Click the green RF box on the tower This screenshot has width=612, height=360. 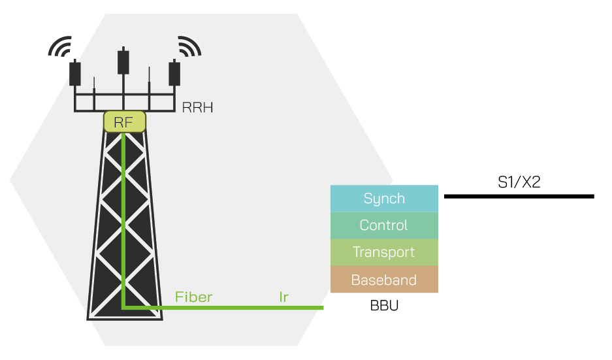coord(124,122)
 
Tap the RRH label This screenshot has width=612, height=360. coord(197,108)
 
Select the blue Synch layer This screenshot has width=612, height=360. coord(384,199)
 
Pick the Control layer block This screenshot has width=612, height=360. coord(384,225)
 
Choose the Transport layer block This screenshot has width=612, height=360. coord(384,252)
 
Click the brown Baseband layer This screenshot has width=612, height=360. coord(384,280)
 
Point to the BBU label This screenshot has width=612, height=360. coord(384,305)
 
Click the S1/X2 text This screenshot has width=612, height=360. coord(519,182)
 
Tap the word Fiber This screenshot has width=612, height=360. coord(193,297)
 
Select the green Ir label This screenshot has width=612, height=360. coord(283,297)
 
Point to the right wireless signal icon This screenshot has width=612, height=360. coord(189,46)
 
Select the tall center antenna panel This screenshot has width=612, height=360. coord(123,61)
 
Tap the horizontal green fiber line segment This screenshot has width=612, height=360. coord(222,307)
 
